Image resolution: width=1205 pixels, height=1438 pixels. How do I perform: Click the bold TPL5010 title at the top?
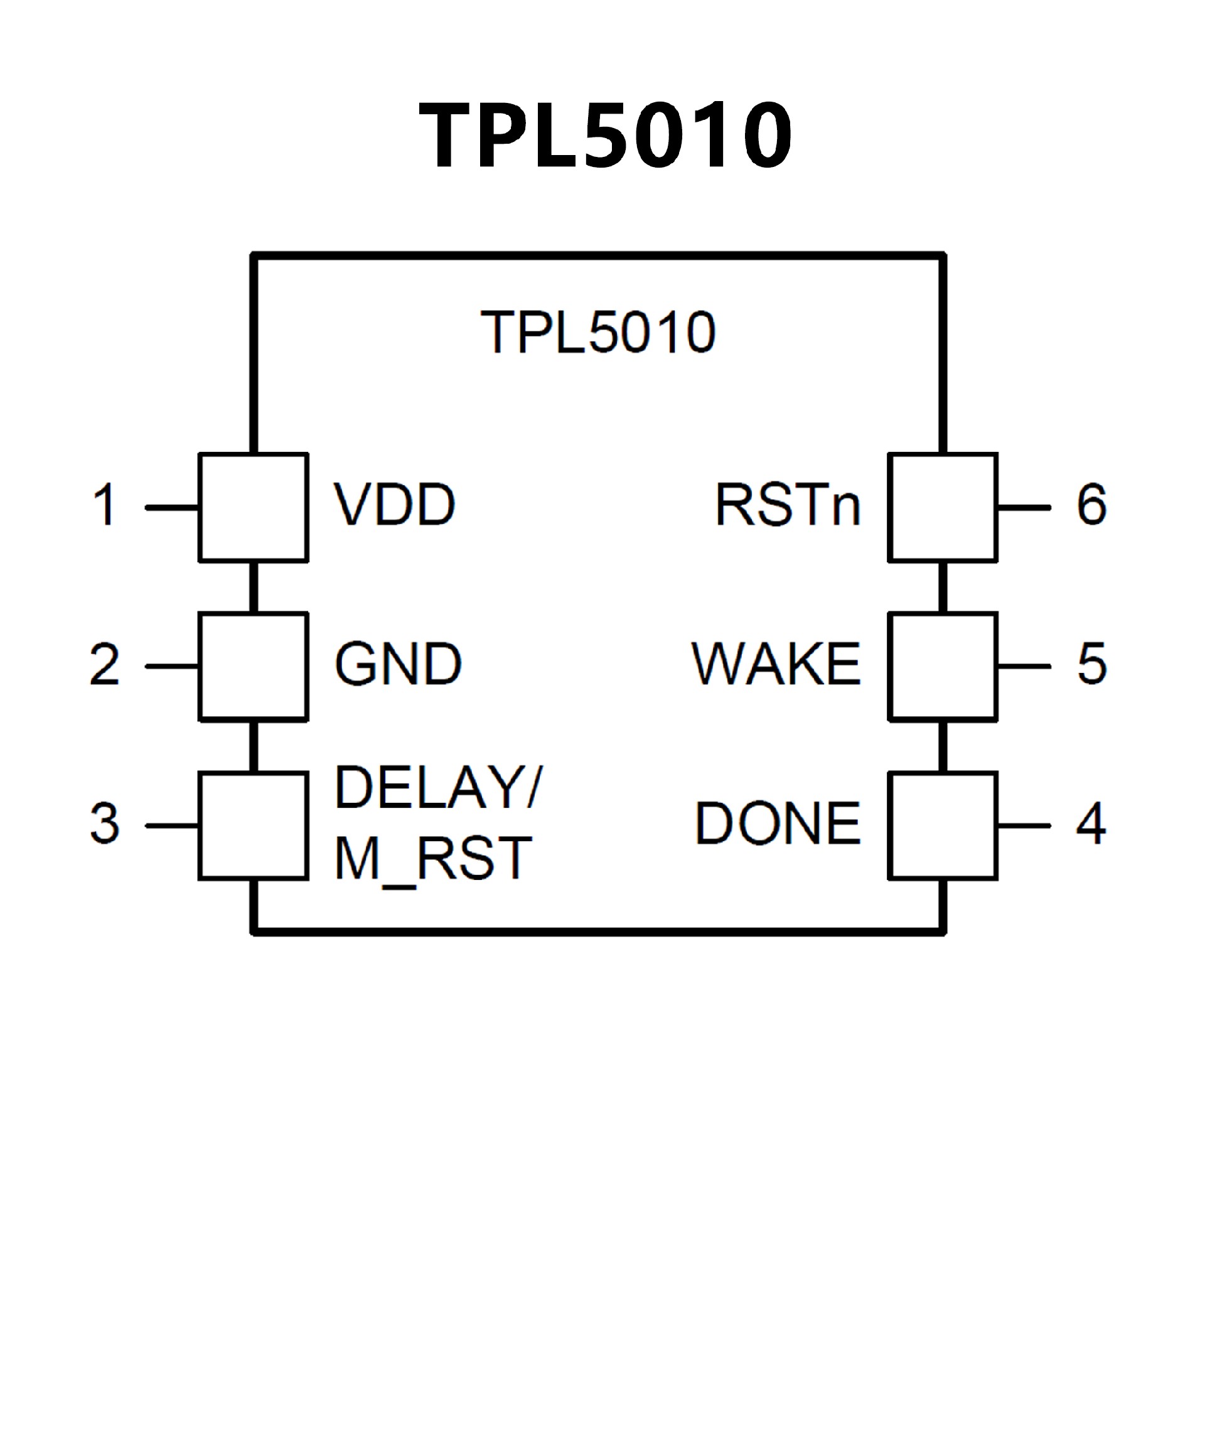605,134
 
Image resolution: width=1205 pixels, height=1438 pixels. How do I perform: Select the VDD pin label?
394,505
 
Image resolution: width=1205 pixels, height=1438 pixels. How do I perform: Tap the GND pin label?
398,663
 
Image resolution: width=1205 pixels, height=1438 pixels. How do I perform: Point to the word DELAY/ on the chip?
438,788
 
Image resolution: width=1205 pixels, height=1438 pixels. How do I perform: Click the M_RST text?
432,859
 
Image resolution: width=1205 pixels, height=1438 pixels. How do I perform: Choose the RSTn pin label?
788,505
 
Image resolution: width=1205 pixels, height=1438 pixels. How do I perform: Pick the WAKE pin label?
776,663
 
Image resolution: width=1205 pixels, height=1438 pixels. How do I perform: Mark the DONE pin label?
778,823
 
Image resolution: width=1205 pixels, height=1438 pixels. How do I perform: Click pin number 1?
105,505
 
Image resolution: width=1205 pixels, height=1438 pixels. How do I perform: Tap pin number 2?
105,664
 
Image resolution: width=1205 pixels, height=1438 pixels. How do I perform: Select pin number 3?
105,823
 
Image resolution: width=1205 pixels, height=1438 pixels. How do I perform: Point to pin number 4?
1091,823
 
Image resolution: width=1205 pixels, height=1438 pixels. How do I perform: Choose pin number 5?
1092,663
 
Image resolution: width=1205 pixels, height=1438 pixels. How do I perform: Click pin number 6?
1092,505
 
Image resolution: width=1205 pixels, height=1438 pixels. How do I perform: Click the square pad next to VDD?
254,507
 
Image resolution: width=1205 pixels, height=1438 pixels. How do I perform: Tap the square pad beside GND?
254,666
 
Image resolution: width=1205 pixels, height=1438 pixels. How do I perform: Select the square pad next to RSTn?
943,507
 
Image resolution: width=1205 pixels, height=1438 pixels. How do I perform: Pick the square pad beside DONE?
943,826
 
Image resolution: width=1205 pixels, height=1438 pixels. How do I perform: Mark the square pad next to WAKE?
943,666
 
